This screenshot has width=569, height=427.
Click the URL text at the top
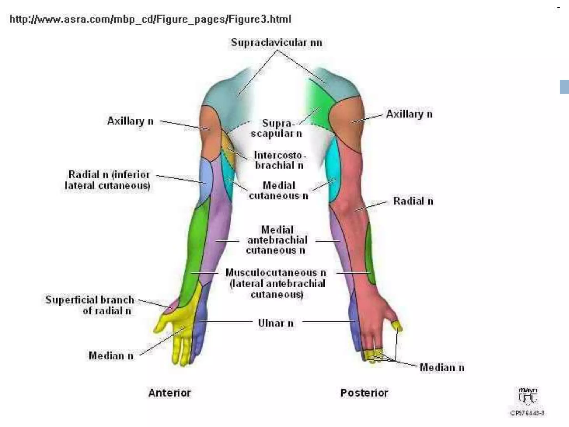[150, 19]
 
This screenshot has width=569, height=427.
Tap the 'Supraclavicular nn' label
[277, 43]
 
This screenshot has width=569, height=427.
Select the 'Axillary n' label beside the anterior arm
[130, 121]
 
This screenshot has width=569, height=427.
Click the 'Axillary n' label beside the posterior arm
[409, 114]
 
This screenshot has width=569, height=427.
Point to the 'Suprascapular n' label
[276, 128]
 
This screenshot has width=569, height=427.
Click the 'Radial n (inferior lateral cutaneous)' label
[108, 180]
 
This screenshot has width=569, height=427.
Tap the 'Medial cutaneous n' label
[279, 191]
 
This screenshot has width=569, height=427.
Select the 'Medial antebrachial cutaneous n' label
[277, 240]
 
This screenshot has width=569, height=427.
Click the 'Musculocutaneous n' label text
[276, 273]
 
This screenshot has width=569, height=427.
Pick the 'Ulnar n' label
[276, 323]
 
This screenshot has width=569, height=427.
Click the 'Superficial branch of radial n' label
[89, 305]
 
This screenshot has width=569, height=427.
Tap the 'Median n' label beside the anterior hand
[111, 356]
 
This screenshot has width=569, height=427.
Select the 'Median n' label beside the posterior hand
[442, 368]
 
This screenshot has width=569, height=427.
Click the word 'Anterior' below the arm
[169, 393]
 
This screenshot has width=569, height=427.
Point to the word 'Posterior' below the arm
[364, 393]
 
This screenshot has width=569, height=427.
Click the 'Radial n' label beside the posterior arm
[413, 201]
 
